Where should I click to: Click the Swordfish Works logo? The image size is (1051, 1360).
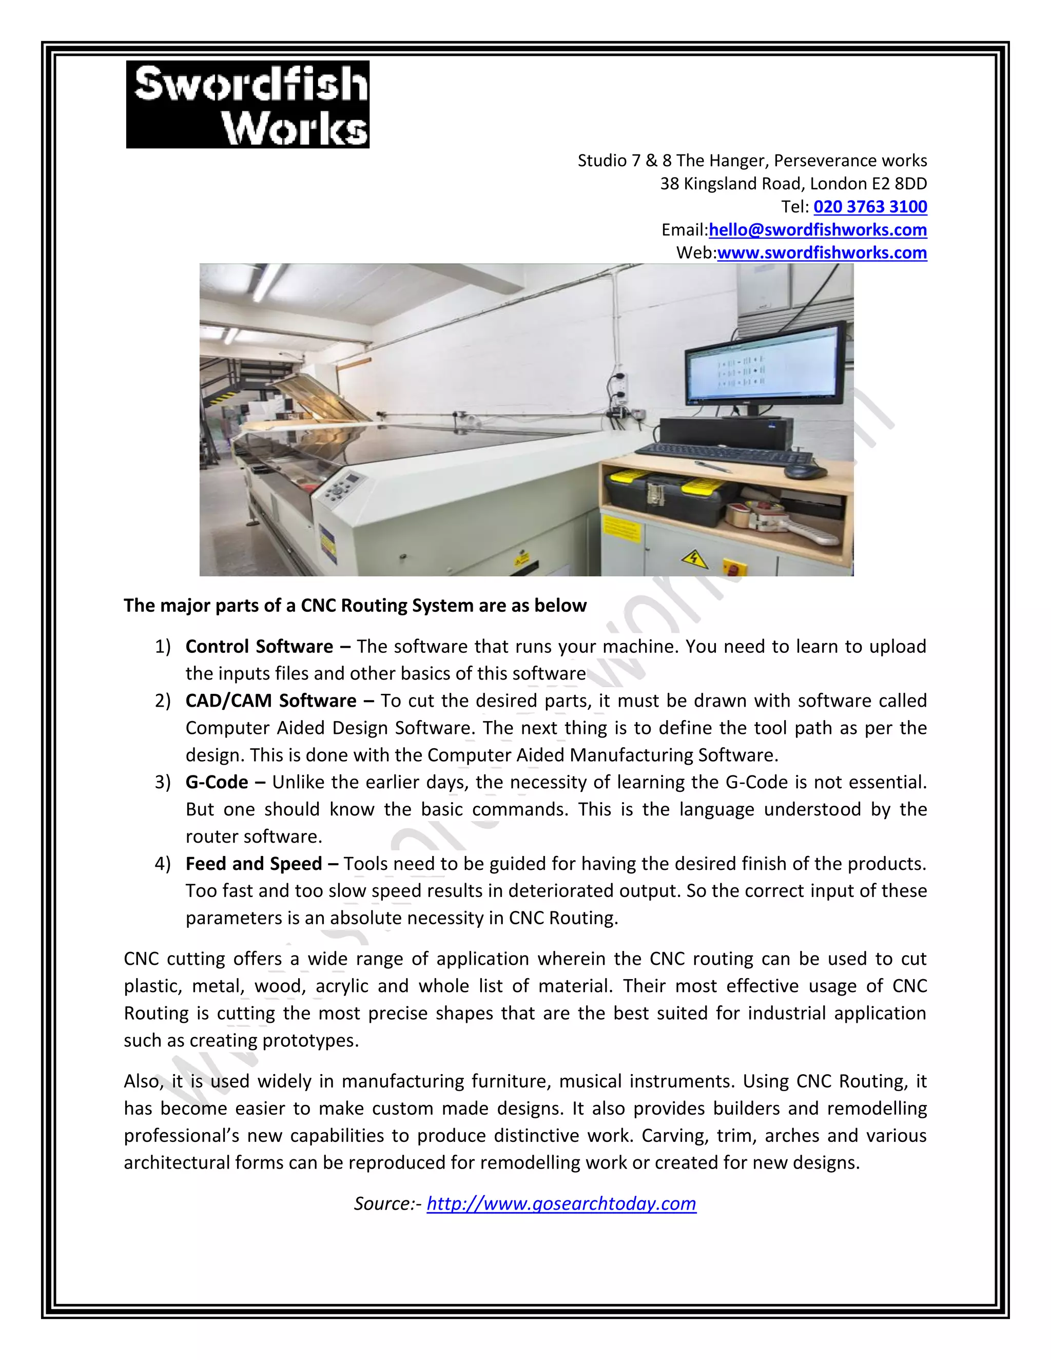[x=247, y=104]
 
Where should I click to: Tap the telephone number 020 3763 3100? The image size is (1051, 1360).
[x=870, y=207]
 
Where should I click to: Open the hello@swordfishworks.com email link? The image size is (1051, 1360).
[x=818, y=230]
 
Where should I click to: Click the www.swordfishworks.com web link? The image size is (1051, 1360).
[x=822, y=253]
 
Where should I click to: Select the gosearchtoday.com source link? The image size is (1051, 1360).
[x=561, y=1203]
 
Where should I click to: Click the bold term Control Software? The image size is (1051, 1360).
[x=259, y=646]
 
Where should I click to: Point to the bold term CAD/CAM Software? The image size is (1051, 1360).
[x=271, y=701]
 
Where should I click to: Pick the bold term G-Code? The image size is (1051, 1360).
[x=217, y=782]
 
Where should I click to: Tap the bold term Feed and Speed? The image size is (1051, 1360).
[x=254, y=864]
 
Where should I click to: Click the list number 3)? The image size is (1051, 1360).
[x=163, y=782]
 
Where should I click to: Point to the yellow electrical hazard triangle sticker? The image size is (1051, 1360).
[x=694, y=558]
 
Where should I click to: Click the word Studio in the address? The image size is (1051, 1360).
[x=601, y=161]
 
